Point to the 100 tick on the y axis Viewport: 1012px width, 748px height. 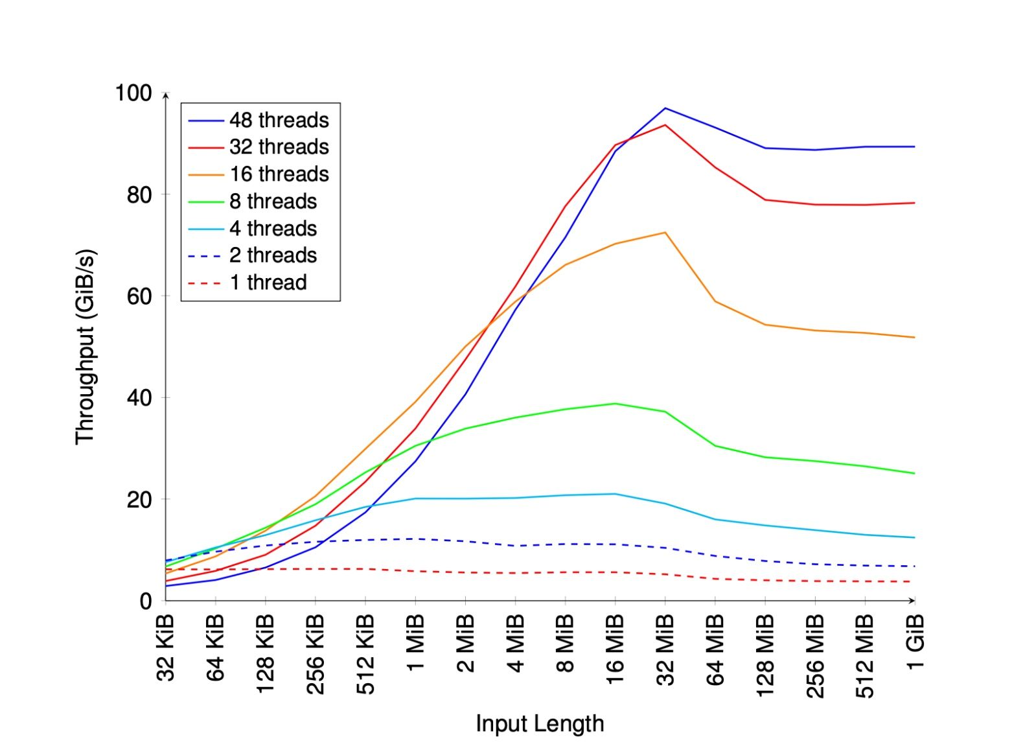pos(133,93)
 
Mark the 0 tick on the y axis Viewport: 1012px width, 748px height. pos(146,601)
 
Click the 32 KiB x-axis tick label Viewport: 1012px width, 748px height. pos(166,648)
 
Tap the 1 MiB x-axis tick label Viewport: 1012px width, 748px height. pos(415,642)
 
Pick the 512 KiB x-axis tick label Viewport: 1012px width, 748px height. pos(365,655)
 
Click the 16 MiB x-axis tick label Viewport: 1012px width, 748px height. pos(615,649)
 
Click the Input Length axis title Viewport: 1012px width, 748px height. pos(540,723)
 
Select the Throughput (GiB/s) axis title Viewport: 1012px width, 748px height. pos(86,347)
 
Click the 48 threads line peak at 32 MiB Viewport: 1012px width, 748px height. pos(665,108)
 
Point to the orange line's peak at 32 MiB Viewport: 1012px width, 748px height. pos(665,233)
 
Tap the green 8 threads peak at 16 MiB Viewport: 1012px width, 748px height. pos(615,404)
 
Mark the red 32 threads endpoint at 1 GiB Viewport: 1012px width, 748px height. pos(914,203)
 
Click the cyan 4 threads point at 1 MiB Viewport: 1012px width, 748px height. pos(415,498)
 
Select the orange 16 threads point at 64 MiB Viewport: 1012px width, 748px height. pos(715,301)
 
